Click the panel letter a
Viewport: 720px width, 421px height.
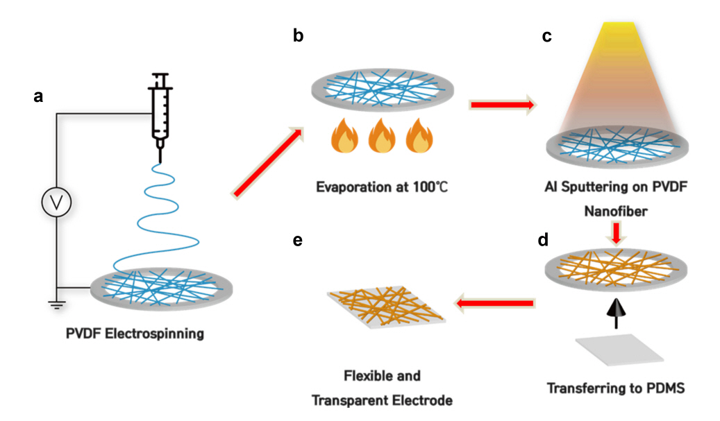(38, 97)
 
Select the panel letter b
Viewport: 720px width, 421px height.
(298, 36)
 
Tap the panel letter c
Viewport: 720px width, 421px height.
(546, 36)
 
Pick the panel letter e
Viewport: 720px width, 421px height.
(298, 240)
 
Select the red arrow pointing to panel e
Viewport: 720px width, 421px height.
(494, 303)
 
